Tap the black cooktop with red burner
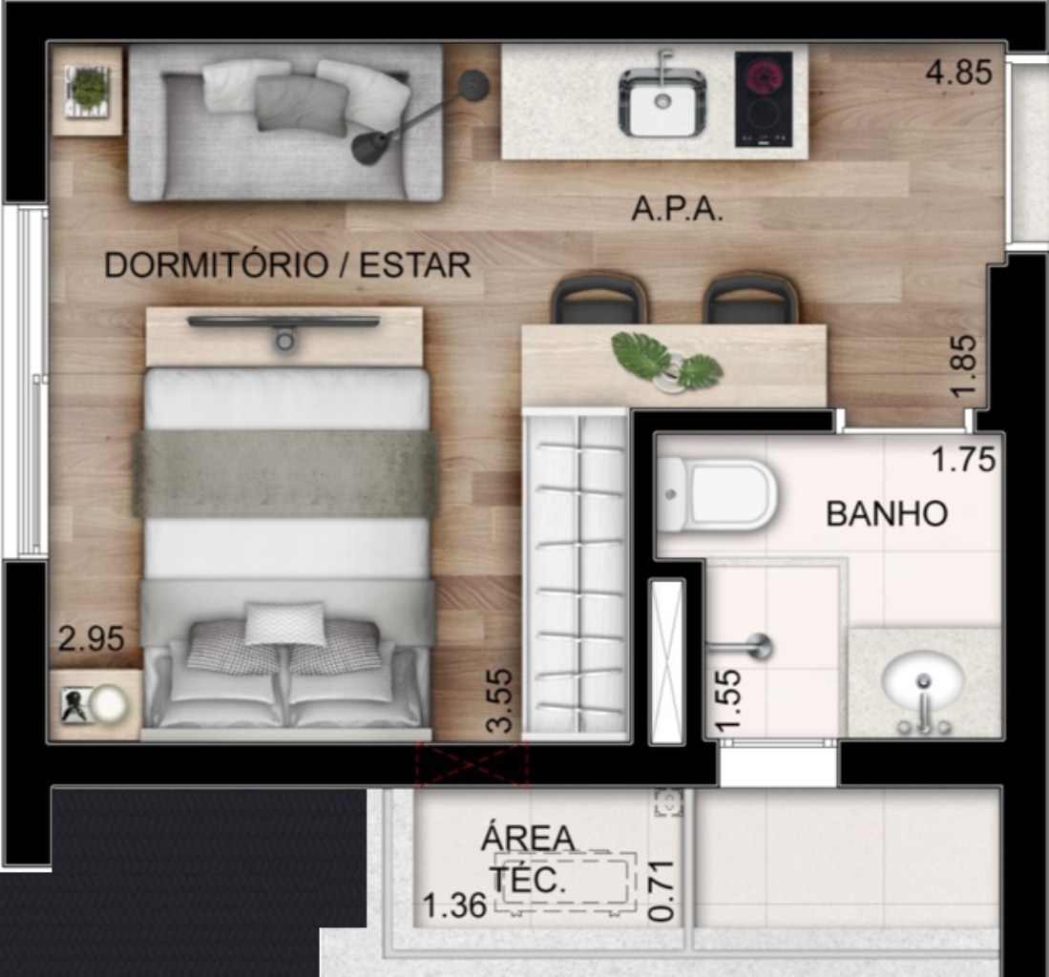tap(764, 99)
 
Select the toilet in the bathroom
tap(715, 495)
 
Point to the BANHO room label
tap(887, 514)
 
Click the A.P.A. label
tap(677, 211)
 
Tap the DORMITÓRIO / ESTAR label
tap(287, 265)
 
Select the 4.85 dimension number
tap(958, 73)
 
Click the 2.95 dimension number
tap(91, 638)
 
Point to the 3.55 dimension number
tap(500, 701)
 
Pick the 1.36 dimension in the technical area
tap(454, 906)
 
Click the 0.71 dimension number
tap(662, 892)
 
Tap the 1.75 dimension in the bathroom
tap(963, 460)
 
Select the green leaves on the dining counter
tap(667, 361)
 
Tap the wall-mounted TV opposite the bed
tap(283, 322)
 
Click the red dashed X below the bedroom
tap(472, 764)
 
